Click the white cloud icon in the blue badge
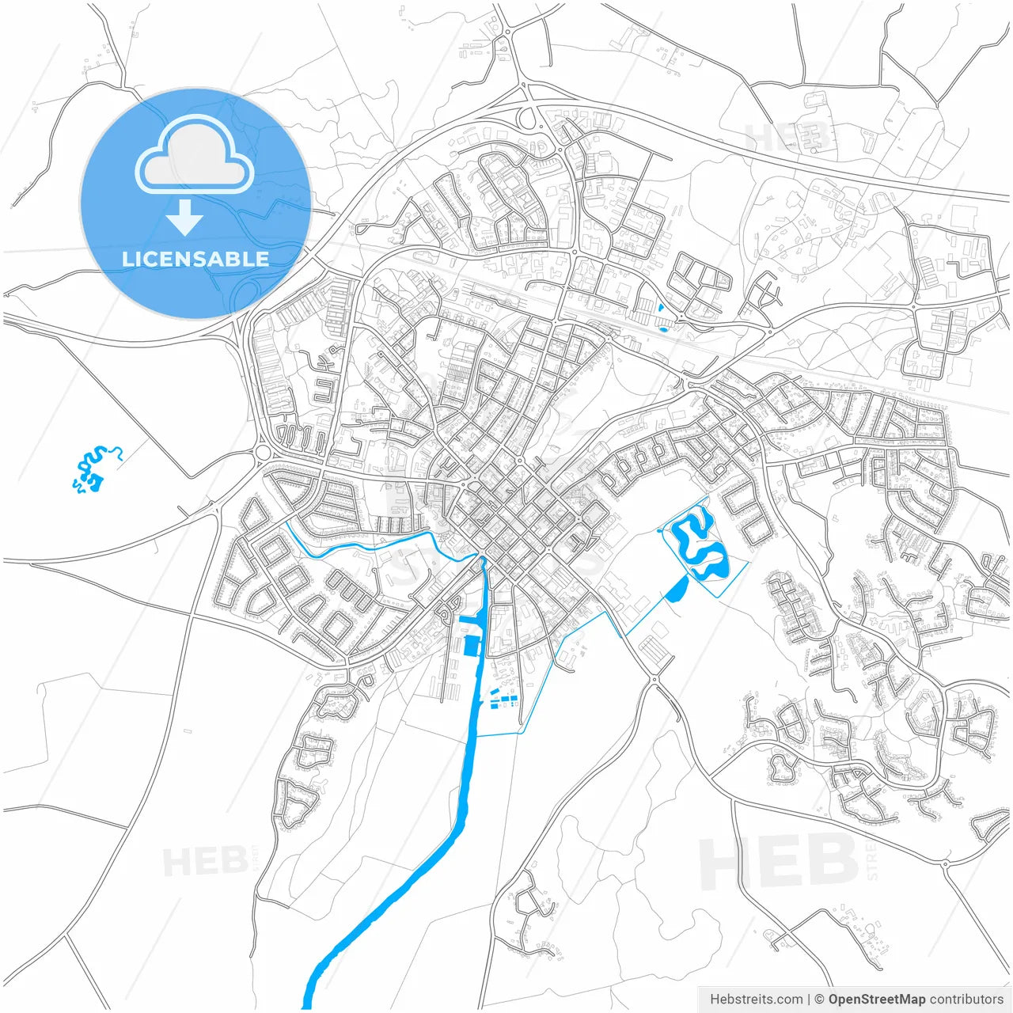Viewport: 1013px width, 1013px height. coord(195,156)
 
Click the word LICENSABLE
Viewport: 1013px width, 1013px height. coord(195,259)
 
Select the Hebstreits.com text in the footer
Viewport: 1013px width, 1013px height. coord(756,1000)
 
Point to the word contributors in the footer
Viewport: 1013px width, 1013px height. coord(966,1000)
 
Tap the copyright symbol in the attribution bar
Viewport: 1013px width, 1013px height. coord(820,1000)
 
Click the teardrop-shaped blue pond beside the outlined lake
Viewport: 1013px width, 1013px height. coord(677,589)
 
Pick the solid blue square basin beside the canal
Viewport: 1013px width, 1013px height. coord(472,647)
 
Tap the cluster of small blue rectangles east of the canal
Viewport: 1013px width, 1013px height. coord(500,699)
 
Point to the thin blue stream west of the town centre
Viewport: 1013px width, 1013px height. coord(356,546)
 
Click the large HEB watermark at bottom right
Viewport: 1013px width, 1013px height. coord(780,863)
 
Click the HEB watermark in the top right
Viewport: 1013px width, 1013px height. coord(787,138)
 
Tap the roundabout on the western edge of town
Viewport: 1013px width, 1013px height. coord(262,453)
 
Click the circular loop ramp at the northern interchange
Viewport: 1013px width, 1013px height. coord(527,120)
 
